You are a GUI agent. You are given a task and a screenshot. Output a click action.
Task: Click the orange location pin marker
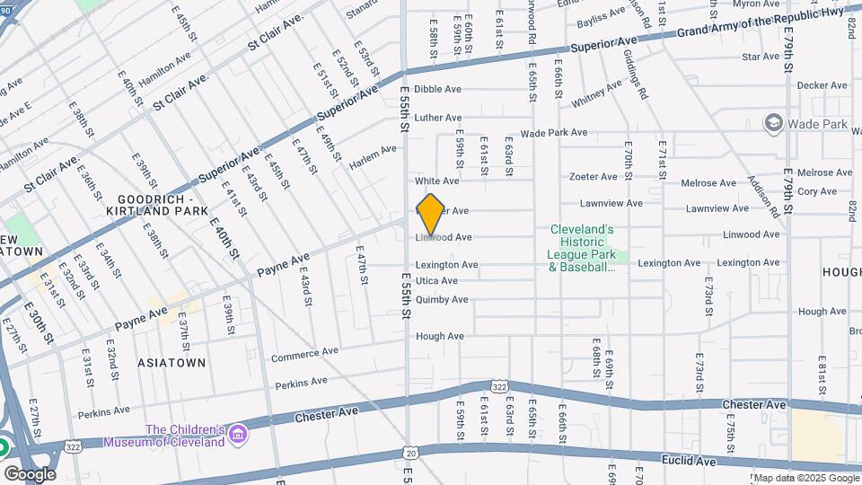[431, 214]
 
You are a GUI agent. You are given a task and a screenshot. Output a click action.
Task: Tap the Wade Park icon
[772, 122]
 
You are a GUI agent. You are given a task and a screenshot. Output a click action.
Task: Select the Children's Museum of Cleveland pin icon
[239, 436]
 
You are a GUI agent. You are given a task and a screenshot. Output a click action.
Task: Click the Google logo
[30, 473]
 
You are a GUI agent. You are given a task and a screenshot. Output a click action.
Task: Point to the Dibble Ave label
[437, 89]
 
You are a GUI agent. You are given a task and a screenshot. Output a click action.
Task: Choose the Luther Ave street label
[437, 118]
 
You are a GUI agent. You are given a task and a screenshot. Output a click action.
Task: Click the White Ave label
[436, 181]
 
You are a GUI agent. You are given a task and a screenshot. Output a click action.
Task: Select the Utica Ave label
[436, 281]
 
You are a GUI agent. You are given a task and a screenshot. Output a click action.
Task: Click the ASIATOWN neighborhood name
[171, 363]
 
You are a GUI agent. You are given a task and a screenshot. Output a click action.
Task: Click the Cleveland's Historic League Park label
[581, 248]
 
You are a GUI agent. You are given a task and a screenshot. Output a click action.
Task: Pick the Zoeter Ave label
[593, 176]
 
